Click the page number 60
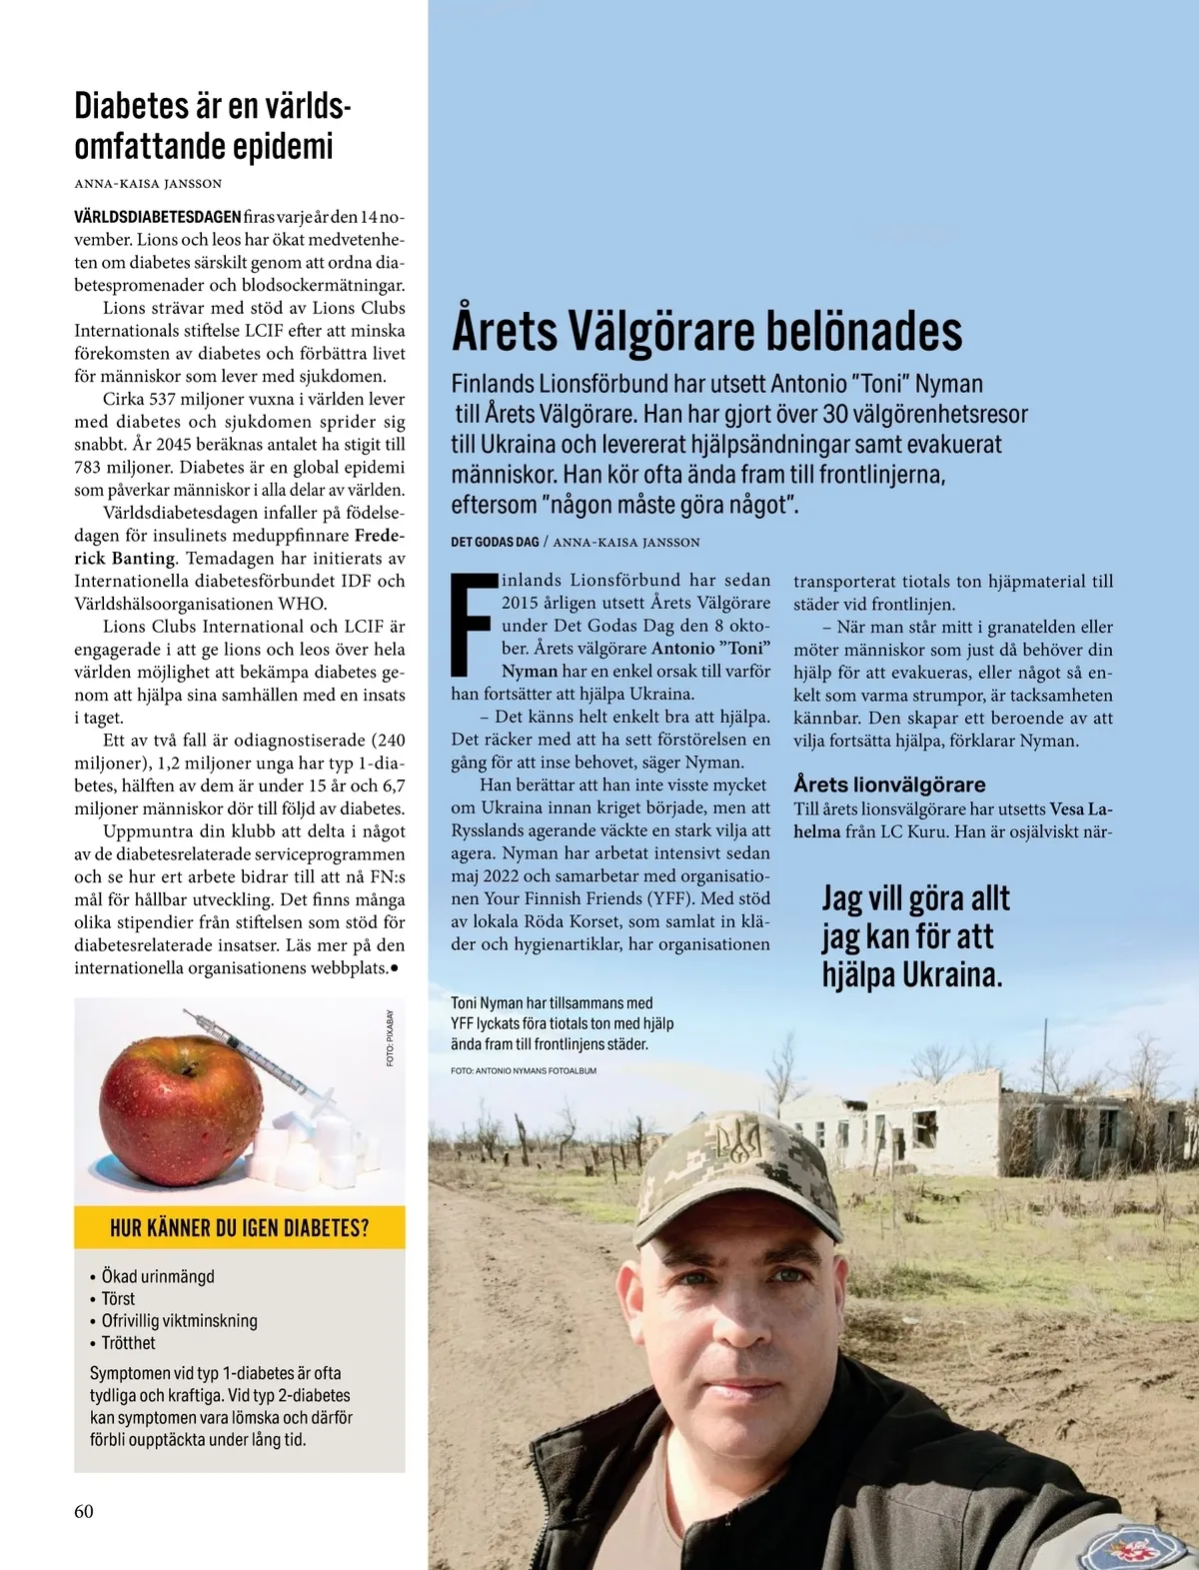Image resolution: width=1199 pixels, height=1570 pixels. (x=84, y=1511)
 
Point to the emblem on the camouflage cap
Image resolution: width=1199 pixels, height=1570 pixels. (x=738, y=1139)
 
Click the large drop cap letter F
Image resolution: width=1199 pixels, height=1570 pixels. (x=473, y=623)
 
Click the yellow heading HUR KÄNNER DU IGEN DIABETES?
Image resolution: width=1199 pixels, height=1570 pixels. (x=239, y=1227)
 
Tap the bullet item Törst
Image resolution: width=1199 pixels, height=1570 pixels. (x=118, y=1298)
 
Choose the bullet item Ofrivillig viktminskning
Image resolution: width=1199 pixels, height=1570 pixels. (x=179, y=1320)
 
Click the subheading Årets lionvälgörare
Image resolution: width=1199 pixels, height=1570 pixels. (x=889, y=785)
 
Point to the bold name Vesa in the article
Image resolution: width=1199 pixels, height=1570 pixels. (x=1067, y=808)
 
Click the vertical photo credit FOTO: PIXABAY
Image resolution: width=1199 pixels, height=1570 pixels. (x=390, y=1037)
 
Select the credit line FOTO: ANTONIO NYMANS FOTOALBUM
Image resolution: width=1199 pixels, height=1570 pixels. (x=524, y=1070)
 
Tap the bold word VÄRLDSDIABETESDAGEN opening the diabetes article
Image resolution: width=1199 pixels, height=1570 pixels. (x=157, y=217)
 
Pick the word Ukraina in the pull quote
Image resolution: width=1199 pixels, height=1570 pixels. (x=951, y=974)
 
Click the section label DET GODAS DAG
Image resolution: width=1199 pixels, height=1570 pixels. (x=495, y=542)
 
